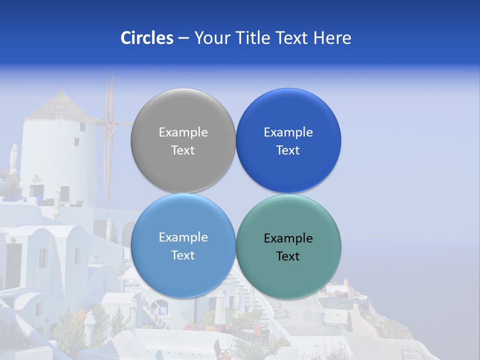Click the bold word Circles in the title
[146, 38]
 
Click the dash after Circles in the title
[183, 38]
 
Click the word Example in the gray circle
[183, 132]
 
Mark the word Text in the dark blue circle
[288, 150]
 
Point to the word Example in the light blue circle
[183, 237]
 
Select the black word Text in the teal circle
[288, 256]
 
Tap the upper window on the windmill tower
[82, 127]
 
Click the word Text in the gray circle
[183, 150]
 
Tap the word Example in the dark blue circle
[288, 132]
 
